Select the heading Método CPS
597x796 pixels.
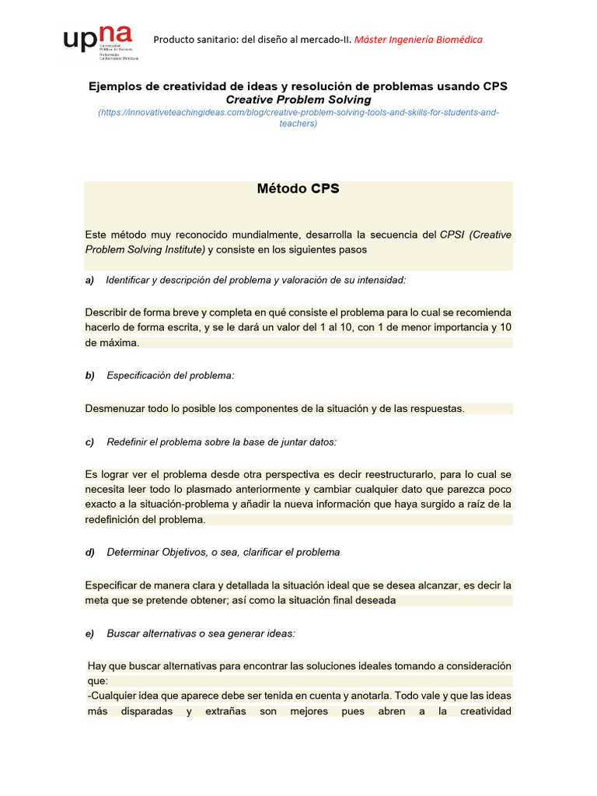point(298,189)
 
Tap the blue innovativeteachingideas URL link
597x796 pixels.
point(298,117)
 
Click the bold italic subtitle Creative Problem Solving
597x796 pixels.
point(298,100)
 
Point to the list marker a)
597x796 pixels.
point(89,280)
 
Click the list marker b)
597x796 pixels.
point(89,375)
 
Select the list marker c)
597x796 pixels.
point(89,442)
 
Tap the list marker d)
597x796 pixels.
point(89,553)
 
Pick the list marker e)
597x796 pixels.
point(89,634)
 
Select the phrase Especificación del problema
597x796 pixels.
point(170,375)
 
